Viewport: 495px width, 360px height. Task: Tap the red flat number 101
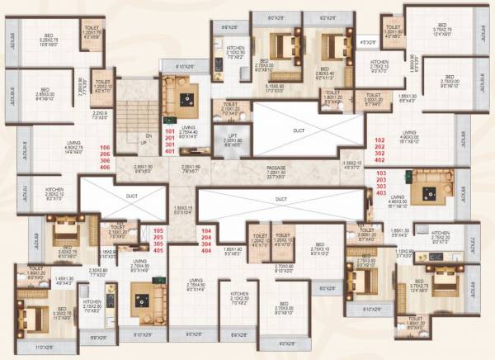tap(171, 130)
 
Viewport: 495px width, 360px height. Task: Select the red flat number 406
tap(105, 167)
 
